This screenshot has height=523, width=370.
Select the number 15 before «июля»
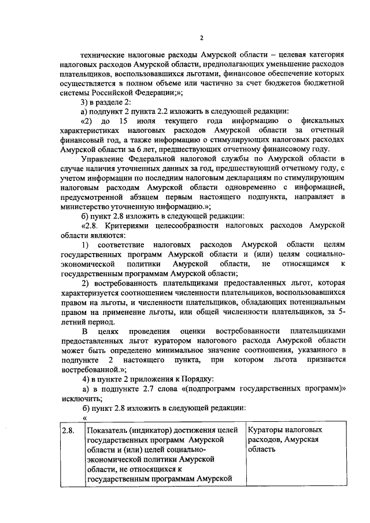(122, 121)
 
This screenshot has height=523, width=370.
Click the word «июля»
(147, 121)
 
